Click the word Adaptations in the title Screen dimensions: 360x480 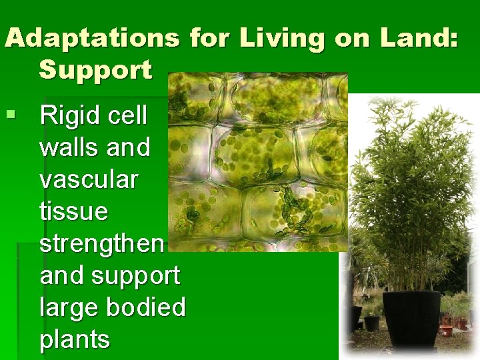coord(93,39)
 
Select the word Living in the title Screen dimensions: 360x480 coord(269,39)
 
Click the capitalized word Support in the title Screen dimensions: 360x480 coord(95,69)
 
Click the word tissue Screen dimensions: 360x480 coord(73,211)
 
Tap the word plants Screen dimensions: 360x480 coord(75,339)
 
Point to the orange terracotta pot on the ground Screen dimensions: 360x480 coord(446,330)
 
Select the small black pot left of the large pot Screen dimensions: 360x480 coord(371,323)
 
